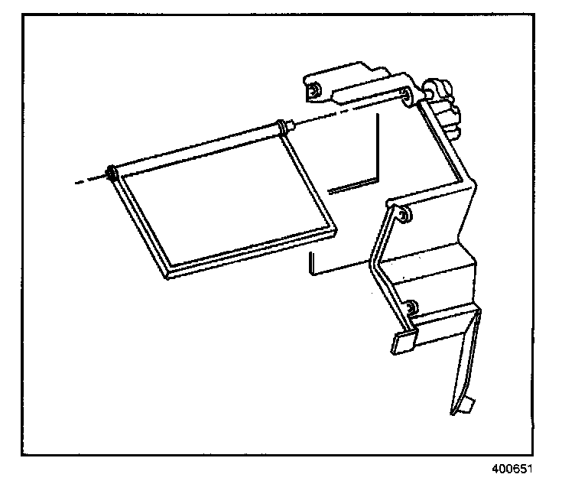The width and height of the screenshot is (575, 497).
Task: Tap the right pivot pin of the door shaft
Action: coord(287,125)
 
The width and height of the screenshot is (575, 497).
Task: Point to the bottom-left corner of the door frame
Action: coord(168,272)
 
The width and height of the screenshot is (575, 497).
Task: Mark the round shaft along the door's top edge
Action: coord(199,149)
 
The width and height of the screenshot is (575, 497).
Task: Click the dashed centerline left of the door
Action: coord(88,181)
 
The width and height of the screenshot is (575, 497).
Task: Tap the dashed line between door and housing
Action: coord(344,110)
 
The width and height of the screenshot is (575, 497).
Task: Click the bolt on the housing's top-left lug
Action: coord(313,92)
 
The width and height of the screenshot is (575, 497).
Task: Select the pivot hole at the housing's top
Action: coord(407,96)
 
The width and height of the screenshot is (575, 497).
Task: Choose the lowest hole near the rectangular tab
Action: coord(411,307)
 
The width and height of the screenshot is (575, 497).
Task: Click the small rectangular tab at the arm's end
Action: coord(404,342)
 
